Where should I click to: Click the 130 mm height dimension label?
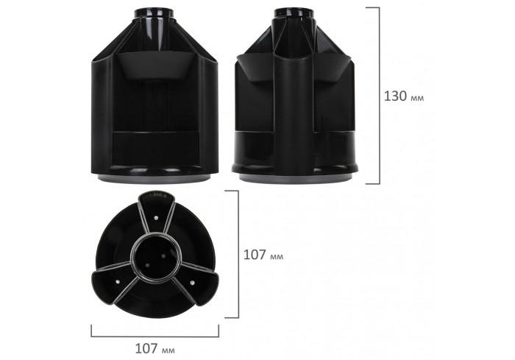(x=404, y=96)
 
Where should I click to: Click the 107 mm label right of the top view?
(x=263, y=255)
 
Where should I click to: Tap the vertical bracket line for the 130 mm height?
(x=379, y=96)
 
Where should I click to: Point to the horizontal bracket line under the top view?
(x=154, y=333)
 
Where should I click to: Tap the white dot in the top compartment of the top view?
(x=160, y=219)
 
